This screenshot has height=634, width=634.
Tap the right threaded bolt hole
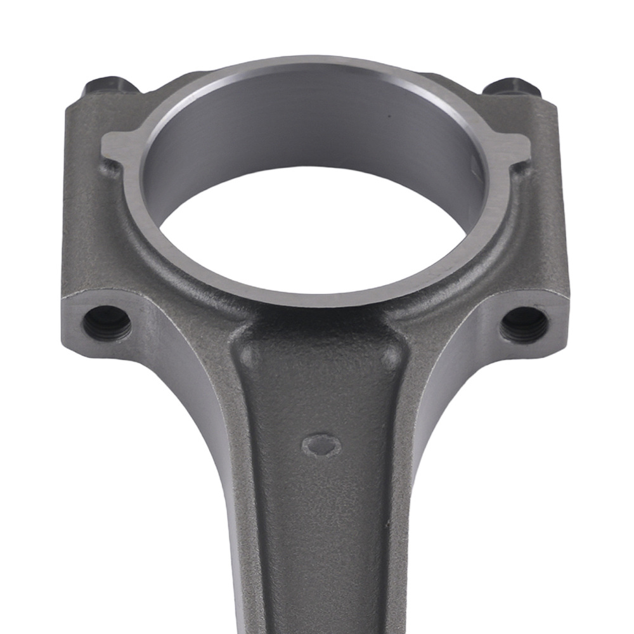tap(524, 325)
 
